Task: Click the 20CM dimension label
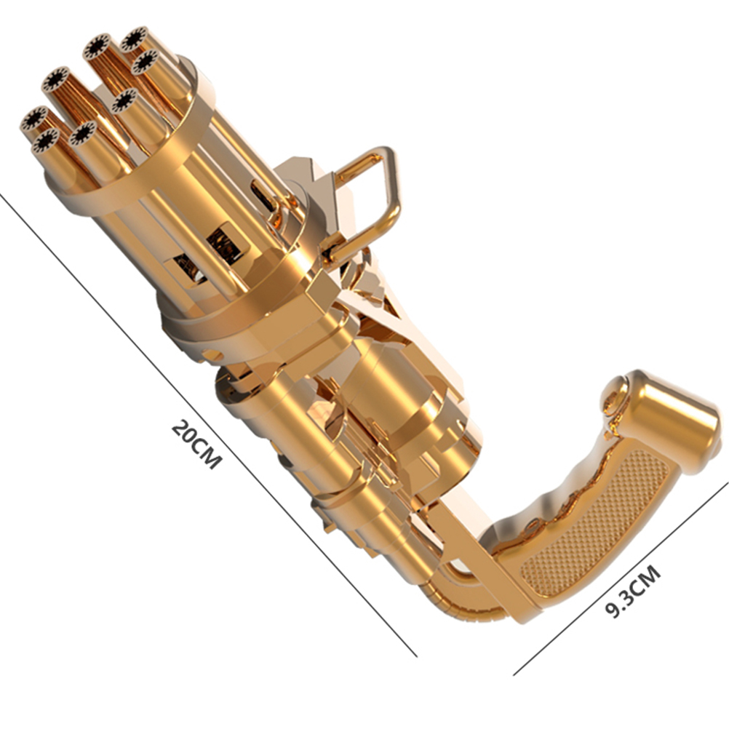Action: click(x=196, y=444)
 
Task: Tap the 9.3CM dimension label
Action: click(x=633, y=591)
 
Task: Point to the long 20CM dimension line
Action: click(x=208, y=424)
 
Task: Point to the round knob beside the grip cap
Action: click(x=615, y=395)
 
